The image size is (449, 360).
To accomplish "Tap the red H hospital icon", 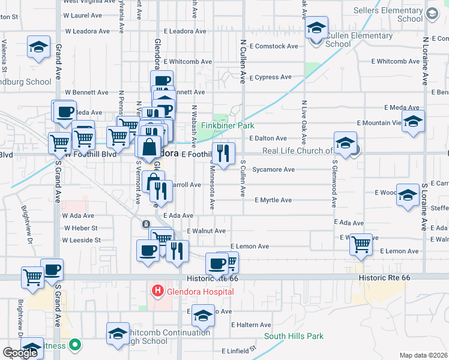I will tap(157, 292).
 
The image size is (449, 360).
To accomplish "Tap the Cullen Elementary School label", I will tap(355, 40).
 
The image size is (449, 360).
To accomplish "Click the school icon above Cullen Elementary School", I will tap(316, 28).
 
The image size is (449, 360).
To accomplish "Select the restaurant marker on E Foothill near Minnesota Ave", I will tap(223, 154).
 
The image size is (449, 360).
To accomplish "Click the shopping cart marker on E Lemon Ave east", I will tap(361, 244).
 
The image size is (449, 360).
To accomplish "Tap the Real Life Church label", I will tap(296, 151).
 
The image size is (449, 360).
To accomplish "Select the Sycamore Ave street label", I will tap(273, 170).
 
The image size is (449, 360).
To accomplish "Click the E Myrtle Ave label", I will tap(273, 200).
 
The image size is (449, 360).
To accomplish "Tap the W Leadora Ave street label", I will tap(88, 31).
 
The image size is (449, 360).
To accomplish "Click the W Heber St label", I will tap(80, 228).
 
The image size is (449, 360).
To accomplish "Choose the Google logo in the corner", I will tap(20, 353).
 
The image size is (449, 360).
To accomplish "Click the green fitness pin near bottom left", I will tap(75, 345).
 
